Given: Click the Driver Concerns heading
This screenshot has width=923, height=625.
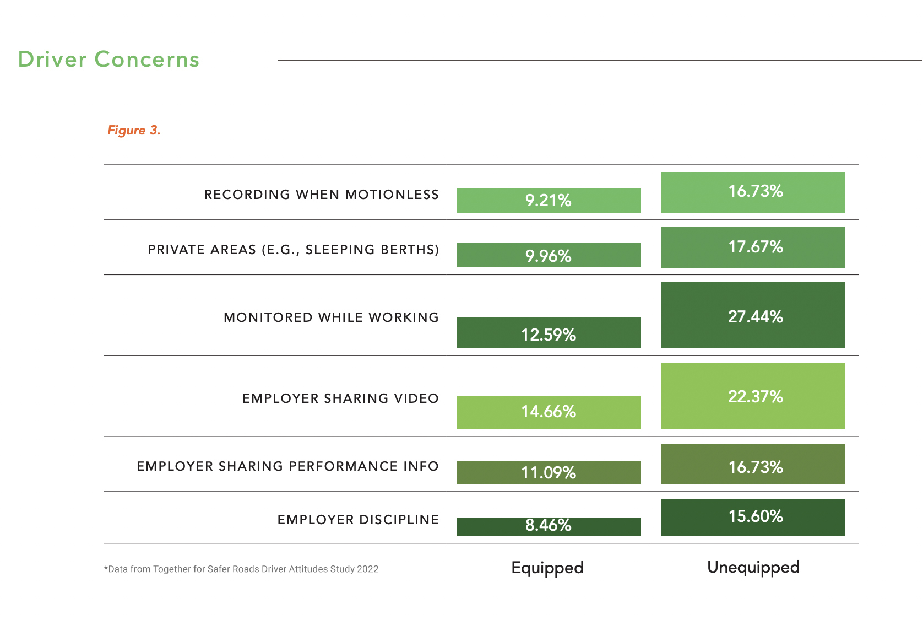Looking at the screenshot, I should coord(108,60).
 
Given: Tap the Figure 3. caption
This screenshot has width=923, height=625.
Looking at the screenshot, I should coord(134,131).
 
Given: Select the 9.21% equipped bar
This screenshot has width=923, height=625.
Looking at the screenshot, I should coord(549,200).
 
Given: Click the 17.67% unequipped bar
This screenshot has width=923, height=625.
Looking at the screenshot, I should coord(753,247).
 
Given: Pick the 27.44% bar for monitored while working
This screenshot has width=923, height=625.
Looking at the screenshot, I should coord(753,315).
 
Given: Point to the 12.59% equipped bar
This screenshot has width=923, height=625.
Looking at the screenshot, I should coord(549,333).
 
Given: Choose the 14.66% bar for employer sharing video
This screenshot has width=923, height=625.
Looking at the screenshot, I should coord(549,412).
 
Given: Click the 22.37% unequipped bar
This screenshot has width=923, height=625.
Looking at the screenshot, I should coord(753,396).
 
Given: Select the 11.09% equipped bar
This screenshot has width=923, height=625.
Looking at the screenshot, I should coord(549,472).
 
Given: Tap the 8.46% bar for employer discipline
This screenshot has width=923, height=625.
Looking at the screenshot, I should coord(549,526).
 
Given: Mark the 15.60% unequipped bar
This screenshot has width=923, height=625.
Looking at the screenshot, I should coord(753,517).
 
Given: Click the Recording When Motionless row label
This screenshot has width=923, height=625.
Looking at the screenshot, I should coord(321,195).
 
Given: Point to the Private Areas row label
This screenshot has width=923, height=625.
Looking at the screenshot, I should coord(293,250).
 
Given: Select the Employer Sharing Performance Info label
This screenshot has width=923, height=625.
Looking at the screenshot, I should coord(287,466).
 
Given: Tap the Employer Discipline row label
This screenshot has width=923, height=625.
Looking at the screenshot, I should coord(358,520).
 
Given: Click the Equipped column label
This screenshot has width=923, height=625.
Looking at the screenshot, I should coord(547,568).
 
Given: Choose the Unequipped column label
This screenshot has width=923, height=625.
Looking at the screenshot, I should coord(753,567).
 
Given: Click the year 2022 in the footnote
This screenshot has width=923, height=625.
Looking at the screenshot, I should coord(367,569).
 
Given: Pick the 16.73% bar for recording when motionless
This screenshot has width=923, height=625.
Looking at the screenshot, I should coord(753,192).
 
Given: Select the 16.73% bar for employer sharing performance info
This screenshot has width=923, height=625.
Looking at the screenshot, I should coord(753,464).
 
